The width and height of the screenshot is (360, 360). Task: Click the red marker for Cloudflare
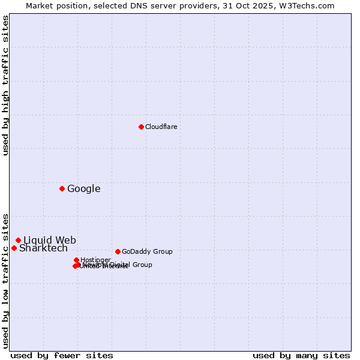click(x=141, y=127)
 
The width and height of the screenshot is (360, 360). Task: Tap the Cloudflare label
click(x=161, y=127)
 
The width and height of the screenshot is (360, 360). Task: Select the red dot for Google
click(x=62, y=188)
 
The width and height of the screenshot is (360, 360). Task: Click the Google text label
click(x=83, y=189)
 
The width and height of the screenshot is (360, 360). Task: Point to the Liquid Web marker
click(x=18, y=240)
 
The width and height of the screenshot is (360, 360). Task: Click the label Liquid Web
click(x=49, y=241)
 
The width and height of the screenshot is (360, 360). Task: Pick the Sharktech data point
click(x=14, y=248)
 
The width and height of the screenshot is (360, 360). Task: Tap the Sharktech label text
click(x=43, y=248)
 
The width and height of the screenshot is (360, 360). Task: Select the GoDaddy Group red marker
click(x=118, y=251)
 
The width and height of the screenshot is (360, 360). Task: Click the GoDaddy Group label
click(x=147, y=252)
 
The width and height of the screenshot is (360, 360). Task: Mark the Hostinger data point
click(x=76, y=260)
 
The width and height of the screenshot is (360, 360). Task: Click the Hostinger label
click(x=95, y=260)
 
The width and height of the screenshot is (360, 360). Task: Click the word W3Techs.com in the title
click(x=310, y=6)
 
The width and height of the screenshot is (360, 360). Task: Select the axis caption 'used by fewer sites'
click(x=62, y=355)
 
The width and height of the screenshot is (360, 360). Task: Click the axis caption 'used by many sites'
click(x=301, y=355)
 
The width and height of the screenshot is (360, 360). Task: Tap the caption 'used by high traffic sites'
click(x=6, y=85)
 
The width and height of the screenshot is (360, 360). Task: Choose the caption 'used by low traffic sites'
click(x=6, y=280)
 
